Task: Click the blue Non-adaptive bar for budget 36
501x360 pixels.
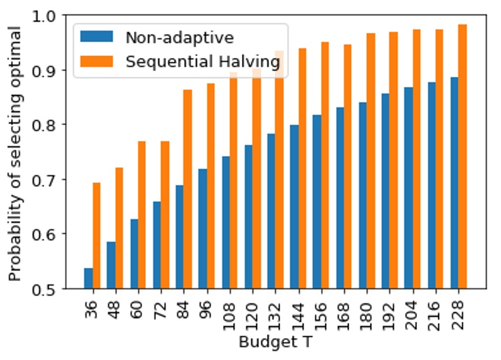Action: pyautogui.click(x=88, y=278)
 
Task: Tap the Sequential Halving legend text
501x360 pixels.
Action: pyautogui.click(x=202, y=61)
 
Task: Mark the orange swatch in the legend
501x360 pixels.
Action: pyautogui.click(x=97, y=61)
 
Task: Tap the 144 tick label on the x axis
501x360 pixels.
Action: pyautogui.click(x=298, y=309)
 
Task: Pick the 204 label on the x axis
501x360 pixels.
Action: pyautogui.click(x=413, y=309)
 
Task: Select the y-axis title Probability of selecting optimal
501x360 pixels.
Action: pyautogui.click(x=14, y=152)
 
